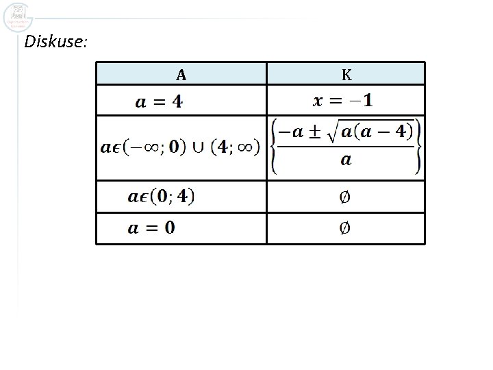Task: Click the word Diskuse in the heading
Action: click(55, 42)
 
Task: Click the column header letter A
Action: click(181, 74)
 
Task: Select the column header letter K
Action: click(346, 74)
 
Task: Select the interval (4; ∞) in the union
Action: click(236, 147)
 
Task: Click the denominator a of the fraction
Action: click(346, 160)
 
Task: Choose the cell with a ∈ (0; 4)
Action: click(161, 197)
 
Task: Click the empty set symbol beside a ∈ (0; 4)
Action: click(346, 197)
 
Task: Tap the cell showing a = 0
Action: click(151, 228)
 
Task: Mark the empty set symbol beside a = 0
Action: click(346, 228)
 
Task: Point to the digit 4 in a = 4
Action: click(177, 103)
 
